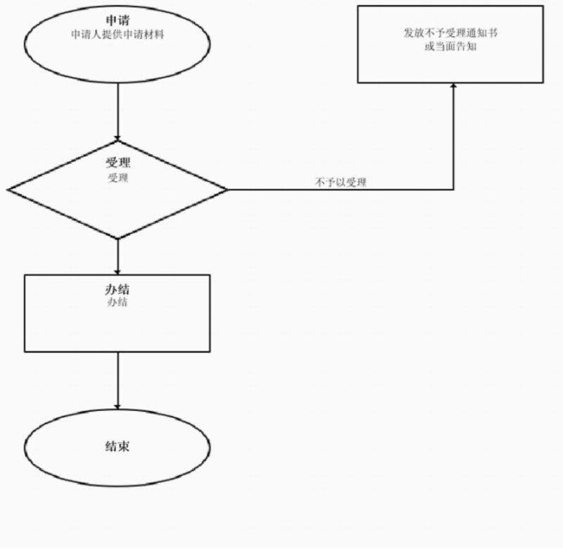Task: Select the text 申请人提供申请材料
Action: pos(118,34)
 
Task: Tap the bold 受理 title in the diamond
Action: pos(118,163)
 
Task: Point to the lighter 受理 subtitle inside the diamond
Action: pos(118,178)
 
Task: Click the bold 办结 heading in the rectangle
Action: pos(118,289)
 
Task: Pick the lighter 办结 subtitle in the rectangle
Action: pos(118,303)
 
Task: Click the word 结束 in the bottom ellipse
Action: pos(118,446)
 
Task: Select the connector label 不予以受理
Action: pos(341,182)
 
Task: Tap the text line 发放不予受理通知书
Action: pos(450,33)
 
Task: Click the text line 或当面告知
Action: pos(450,46)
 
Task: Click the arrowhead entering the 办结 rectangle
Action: pos(118,271)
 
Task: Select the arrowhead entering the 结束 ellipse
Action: pos(118,406)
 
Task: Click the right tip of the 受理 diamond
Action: pos(227,189)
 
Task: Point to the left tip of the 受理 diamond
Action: pos(8,189)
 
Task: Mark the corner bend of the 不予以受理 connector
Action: pos(453,189)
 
